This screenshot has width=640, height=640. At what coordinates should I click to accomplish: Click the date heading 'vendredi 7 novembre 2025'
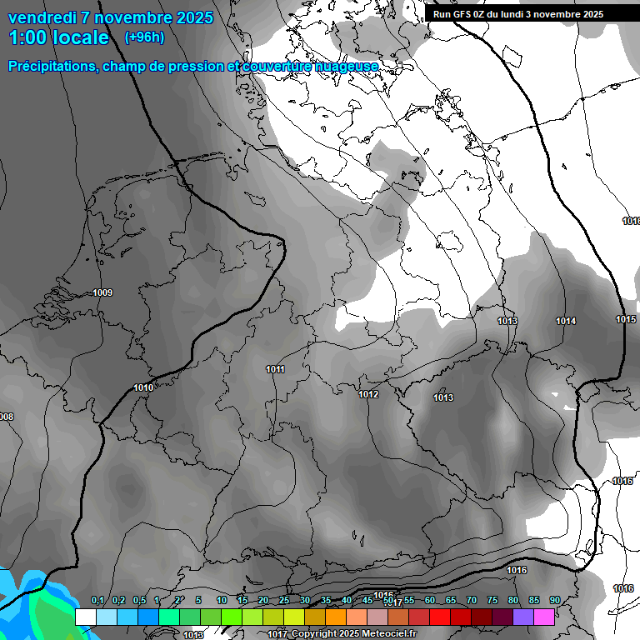pyautogui.click(x=110, y=17)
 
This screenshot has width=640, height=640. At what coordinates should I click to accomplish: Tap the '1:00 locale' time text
pyautogui.click(x=59, y=37)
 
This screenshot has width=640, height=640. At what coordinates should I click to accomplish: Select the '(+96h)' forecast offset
pyautogui.click(x=144, y=37)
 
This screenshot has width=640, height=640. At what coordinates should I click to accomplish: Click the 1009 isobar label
pyautogui.click(x=102, y=292)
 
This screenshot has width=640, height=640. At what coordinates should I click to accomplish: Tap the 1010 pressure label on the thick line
pyautogui.click(x=143, y=387)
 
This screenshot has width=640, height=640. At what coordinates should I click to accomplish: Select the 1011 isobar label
pyautogui.click(x=276, y=369)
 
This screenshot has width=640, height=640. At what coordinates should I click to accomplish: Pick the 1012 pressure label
pyautogui.click(x=369, y=394)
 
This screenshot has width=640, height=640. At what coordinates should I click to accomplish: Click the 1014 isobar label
pyautogui.click(x=566, y=321)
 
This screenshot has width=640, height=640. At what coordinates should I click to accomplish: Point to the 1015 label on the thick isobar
pyautogui.click(x=626, y=319)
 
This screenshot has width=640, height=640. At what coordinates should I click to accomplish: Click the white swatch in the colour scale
pyautogui.click(x=85, y=617)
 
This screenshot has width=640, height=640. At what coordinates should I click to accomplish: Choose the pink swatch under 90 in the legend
pyautogui.click(x=545, y=617)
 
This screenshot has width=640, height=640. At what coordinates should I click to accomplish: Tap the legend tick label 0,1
pyautogui.click(x=97, y=601)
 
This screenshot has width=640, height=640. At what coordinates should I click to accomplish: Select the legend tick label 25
pyautogui.click(x=283, y=601)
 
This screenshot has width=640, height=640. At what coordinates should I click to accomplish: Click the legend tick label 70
pyautogui.click(x=471, y=601)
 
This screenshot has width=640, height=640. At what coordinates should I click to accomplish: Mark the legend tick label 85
pyautogui.click(x=533, y=601)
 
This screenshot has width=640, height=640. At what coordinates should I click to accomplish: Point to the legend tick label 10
pyautogui.click(x=221, y=601)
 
